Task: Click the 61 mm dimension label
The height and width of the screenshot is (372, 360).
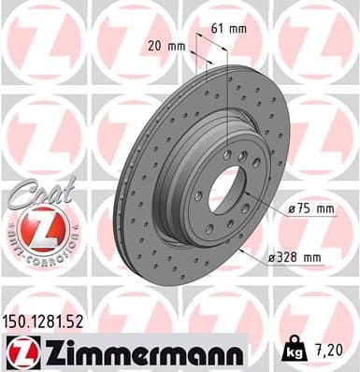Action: click(x=230, y=29)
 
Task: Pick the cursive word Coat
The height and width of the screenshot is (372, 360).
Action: click(x=35, y=193)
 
